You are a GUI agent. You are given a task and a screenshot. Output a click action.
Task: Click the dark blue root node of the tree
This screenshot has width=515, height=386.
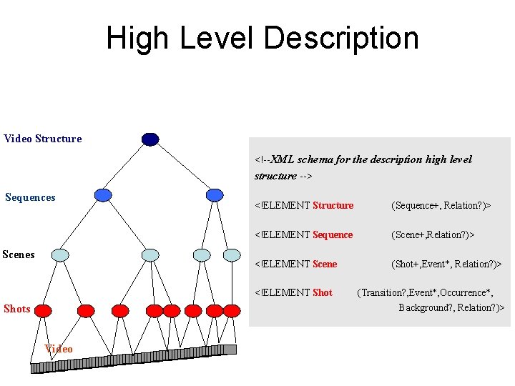150,139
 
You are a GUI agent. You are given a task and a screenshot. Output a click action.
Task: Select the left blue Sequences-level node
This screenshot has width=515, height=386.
104,195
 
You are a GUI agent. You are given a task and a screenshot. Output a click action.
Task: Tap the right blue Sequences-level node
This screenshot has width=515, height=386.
215,195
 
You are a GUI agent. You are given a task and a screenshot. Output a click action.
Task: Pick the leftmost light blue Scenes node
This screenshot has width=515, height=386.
61,254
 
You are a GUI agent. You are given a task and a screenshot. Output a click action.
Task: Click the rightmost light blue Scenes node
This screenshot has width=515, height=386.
232,254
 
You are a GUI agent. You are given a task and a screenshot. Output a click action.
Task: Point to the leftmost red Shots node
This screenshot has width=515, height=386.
44,310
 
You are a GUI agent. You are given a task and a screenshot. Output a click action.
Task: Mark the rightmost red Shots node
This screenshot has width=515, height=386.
232,310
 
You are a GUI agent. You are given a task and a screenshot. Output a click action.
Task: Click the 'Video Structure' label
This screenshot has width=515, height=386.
43,139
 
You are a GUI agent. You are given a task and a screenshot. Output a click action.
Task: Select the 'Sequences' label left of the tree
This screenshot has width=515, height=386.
30,197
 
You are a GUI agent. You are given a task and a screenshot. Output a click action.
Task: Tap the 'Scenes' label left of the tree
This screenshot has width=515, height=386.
19,254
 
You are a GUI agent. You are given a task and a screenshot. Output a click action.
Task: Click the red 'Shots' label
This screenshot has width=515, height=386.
17,309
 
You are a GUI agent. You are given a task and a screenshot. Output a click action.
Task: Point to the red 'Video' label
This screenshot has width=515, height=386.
59,349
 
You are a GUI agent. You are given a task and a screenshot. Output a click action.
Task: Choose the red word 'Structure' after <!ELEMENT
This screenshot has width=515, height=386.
333,205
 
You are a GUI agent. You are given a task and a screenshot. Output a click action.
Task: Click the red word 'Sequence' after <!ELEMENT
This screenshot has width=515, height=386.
333,234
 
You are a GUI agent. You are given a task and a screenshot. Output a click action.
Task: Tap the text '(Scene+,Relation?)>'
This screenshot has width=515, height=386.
433,234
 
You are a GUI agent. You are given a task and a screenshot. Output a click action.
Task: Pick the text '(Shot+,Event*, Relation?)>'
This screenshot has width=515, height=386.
446,264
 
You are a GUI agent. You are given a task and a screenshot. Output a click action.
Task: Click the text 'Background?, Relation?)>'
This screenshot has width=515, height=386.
451,307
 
